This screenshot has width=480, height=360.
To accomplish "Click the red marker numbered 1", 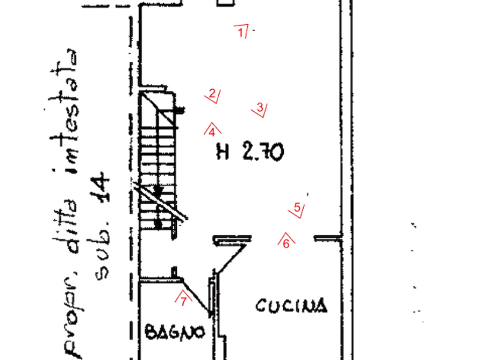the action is point(241,31).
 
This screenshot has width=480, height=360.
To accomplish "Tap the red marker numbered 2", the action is point(212,96).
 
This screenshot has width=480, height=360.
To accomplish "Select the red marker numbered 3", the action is point(260,110).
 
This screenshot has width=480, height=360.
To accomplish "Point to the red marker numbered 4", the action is point(212,130).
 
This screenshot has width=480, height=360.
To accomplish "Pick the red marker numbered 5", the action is point(297,210).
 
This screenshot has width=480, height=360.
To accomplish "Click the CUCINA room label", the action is point(291,306).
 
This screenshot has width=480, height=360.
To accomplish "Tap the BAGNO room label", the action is point(175,332).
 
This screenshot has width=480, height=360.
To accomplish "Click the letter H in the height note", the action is point(223,151).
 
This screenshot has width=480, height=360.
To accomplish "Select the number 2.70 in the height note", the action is point(263,151).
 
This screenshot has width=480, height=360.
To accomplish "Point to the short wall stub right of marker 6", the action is point(327,238).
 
